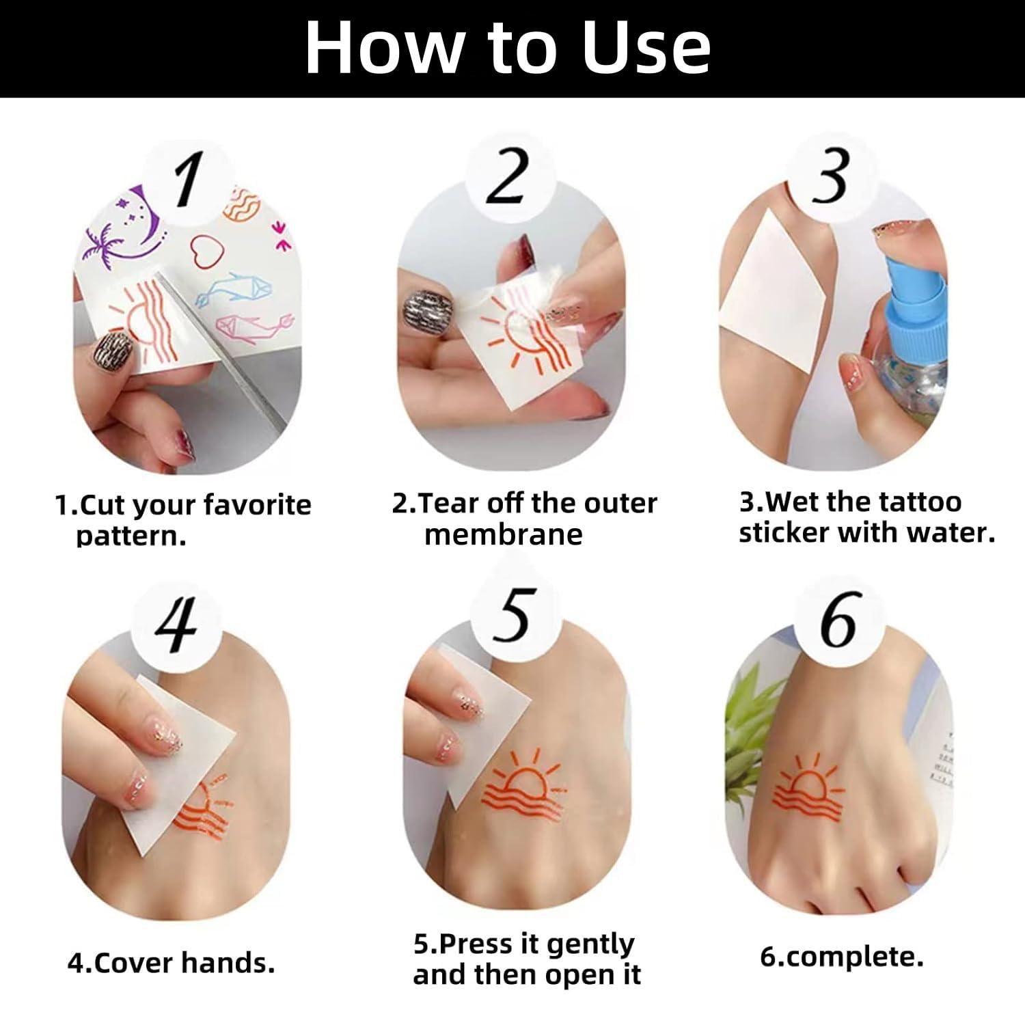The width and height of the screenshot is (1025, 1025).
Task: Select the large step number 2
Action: [x=507, y=176]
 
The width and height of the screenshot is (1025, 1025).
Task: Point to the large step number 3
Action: [x=831, y=176]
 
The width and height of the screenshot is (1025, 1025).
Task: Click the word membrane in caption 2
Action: [x=503, y=534]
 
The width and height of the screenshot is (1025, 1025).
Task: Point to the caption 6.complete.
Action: [x=841, y=956]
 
